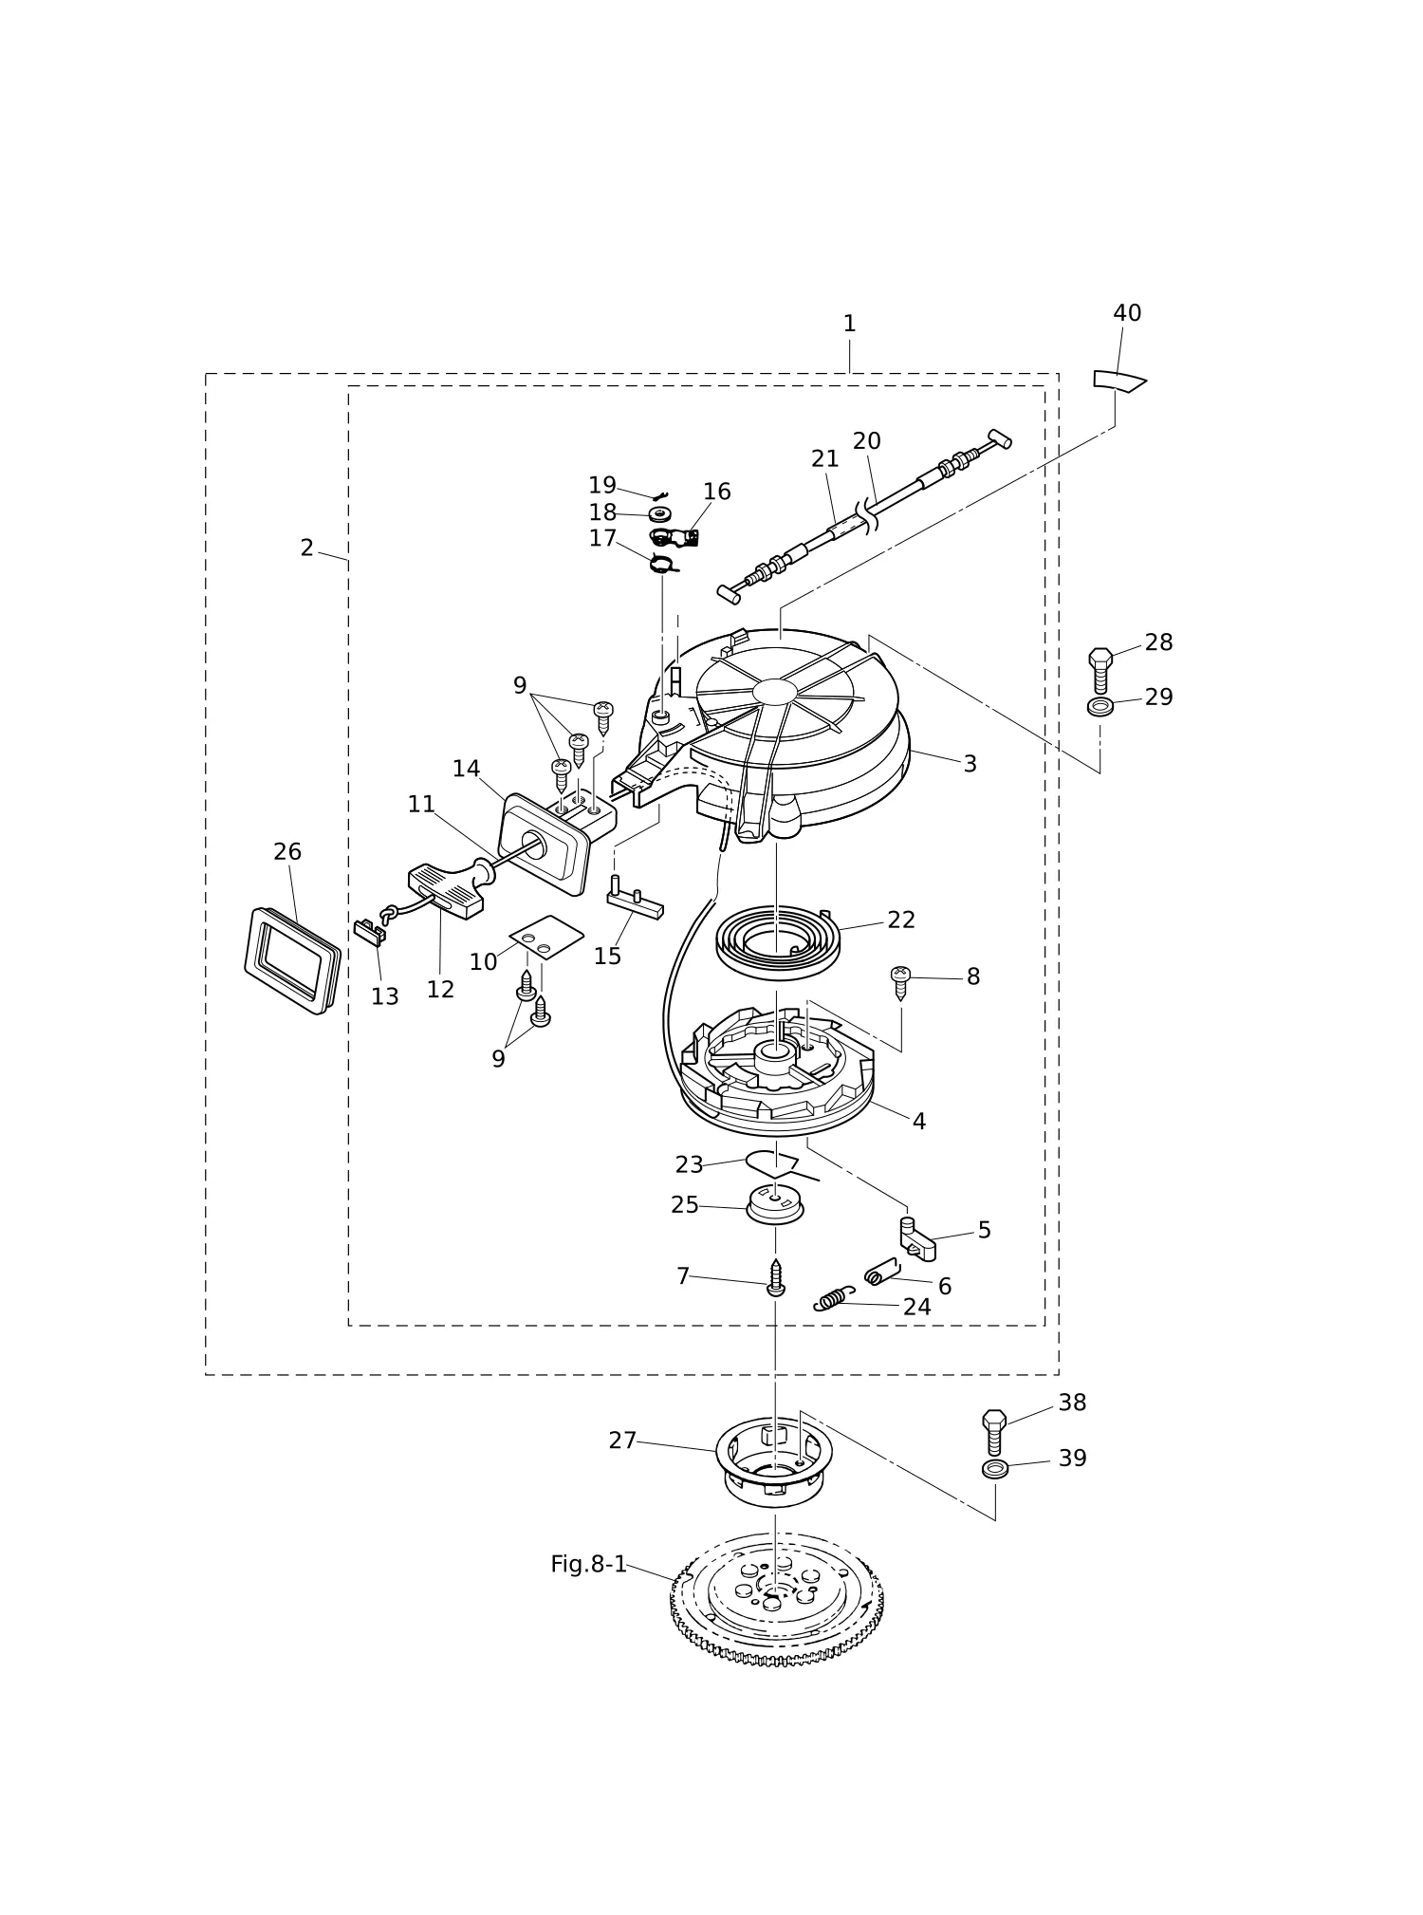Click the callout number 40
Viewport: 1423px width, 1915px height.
[1127, 313]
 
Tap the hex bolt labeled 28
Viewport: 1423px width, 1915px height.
[1100, 671]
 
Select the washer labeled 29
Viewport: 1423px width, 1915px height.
[1100, 707]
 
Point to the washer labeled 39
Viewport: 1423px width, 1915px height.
[995, 1469]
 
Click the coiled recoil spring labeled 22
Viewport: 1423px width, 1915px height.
[776, 941]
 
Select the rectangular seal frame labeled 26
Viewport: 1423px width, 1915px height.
[292, 960]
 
